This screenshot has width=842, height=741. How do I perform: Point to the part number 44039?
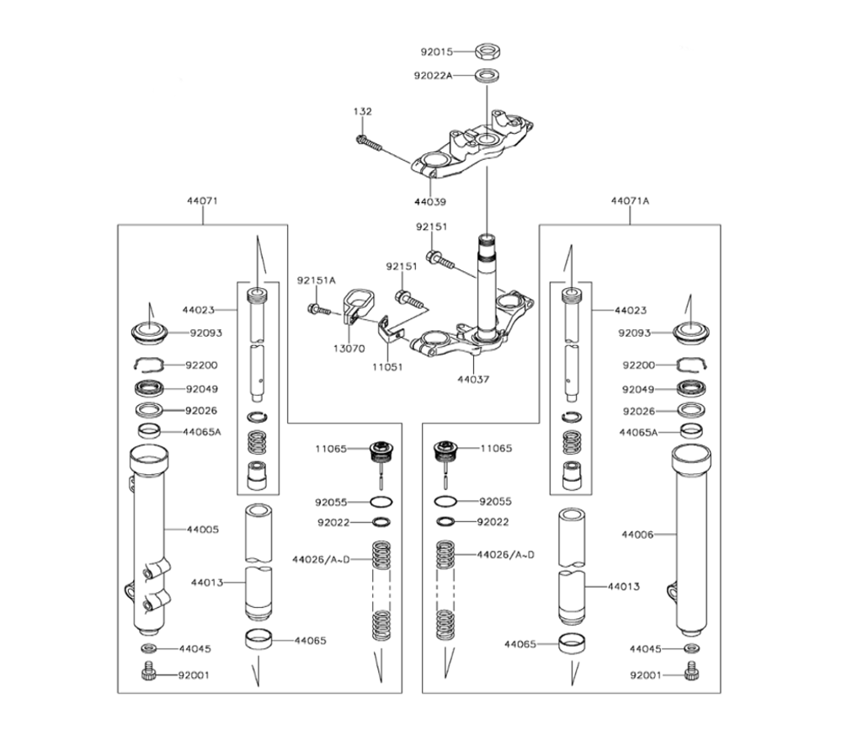[429, 202]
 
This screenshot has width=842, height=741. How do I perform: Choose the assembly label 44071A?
[630, 202]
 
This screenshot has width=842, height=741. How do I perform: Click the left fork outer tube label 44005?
[202, 530]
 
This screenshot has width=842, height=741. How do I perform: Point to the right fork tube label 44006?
[637, 534]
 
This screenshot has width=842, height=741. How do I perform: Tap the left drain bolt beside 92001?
[149, 674]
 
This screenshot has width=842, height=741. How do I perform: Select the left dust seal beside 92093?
[152, 331]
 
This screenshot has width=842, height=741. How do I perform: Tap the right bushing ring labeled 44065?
[573, 645]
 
